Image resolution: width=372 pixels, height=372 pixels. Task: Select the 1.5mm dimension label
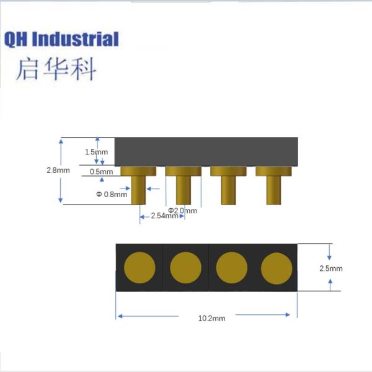[x=96, y=152]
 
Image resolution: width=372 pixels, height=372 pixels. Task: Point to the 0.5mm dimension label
[x=102, y=171]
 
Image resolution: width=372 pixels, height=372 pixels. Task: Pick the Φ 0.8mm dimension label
[x=112, y=194]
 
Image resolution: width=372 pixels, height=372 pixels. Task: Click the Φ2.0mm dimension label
[x=183, y=211]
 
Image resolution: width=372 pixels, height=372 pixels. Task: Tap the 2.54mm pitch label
[x=153, y=216]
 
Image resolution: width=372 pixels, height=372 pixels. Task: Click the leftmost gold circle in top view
[x=139, y=268]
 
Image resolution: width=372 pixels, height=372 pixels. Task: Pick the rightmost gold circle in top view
[x=276, y=268]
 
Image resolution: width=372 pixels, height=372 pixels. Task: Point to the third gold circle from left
[x=231, y=268]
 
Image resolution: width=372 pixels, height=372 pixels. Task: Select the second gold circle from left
[x=185, y=268]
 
